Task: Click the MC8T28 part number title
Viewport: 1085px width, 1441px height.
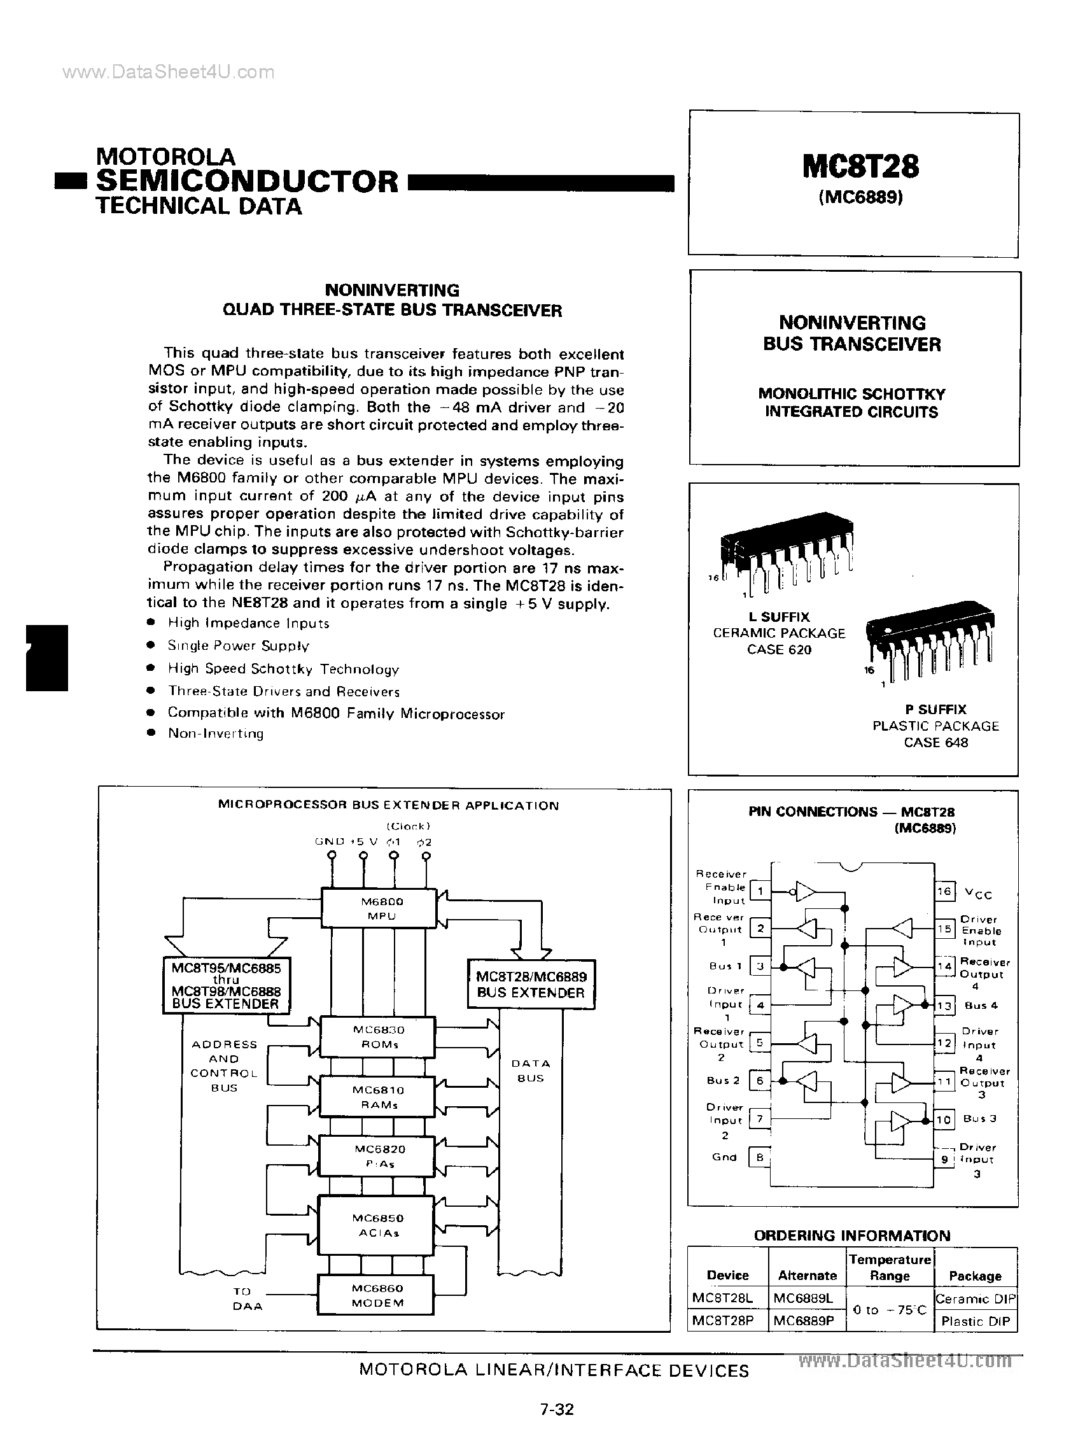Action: click(860, 166)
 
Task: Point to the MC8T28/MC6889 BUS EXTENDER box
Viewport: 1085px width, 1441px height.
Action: click(531, 985)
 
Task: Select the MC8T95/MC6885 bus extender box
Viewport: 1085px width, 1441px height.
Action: click(225, 985)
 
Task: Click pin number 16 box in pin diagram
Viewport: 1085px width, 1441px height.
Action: click(944, 890)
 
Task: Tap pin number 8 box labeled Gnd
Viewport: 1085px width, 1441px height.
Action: click(759, 1157)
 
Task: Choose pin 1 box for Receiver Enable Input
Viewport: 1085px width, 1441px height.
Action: click(759, 890)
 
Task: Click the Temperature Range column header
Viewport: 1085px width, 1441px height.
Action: click(890, 1267)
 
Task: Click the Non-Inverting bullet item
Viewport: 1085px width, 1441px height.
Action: click(216, 733)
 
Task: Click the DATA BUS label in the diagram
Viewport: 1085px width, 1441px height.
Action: click(531, 1071)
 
